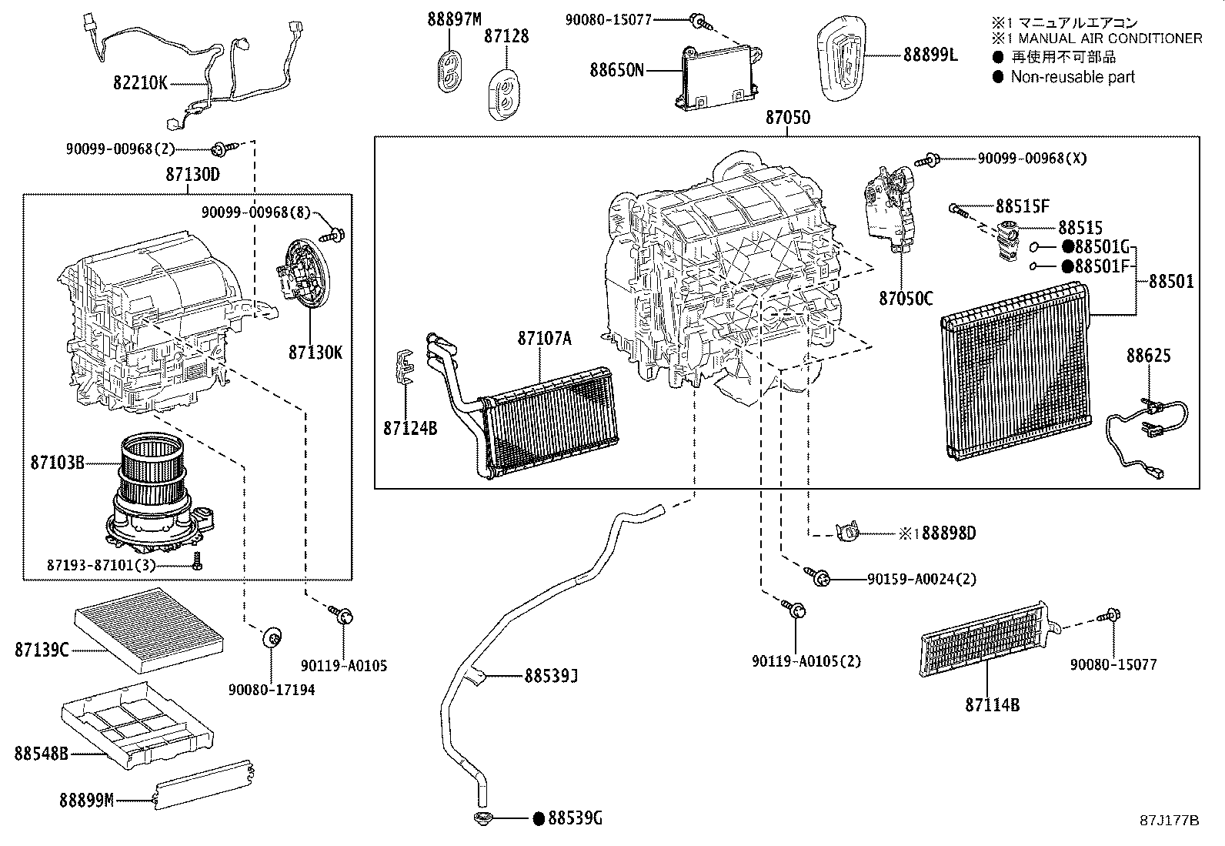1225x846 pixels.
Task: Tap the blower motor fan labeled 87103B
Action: pos(157,493)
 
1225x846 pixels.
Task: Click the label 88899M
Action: pos(87,801)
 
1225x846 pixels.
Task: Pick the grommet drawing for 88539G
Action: pos(483,818)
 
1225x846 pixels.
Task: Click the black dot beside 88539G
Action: pos(539,818)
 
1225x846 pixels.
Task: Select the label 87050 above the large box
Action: pos(787,118)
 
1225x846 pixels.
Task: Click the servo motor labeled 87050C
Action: pos(891,208)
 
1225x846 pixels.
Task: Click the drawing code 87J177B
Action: pos(1169,820)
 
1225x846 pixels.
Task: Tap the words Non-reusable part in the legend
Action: pos(1073,76)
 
